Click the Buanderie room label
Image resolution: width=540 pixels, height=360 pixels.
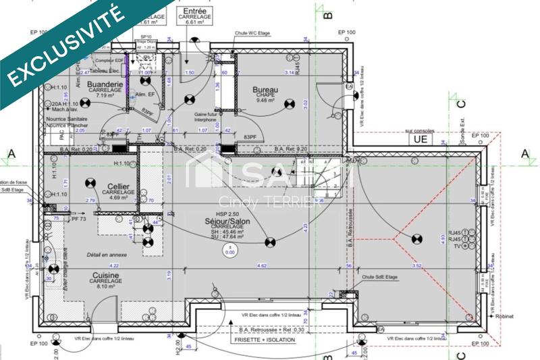[105, 84]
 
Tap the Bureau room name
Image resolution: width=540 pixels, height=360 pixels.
[265, 89]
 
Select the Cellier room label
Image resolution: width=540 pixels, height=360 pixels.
[119, 185]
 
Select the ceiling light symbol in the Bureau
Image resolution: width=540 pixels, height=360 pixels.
[290, 103]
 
